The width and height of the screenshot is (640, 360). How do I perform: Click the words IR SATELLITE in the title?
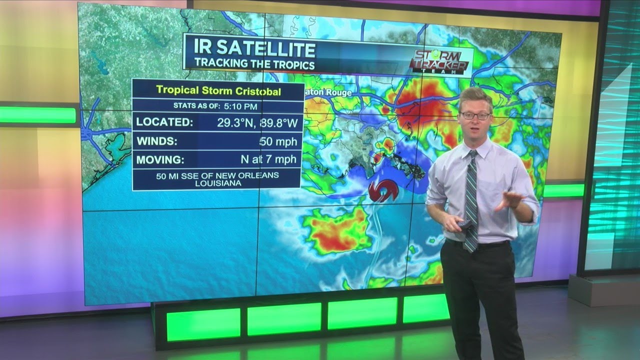(255, 49)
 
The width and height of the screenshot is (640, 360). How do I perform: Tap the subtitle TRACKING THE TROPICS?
(254, 64)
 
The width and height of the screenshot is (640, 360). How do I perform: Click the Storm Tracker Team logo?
(439, 62)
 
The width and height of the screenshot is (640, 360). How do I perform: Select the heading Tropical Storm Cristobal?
(218, 91)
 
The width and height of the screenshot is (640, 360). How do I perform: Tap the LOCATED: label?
(164, 122)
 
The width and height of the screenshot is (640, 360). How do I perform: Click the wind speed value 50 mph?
(279, 142)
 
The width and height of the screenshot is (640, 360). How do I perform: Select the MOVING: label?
(160, 160)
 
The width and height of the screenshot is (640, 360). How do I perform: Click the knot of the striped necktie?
(472, 155)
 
